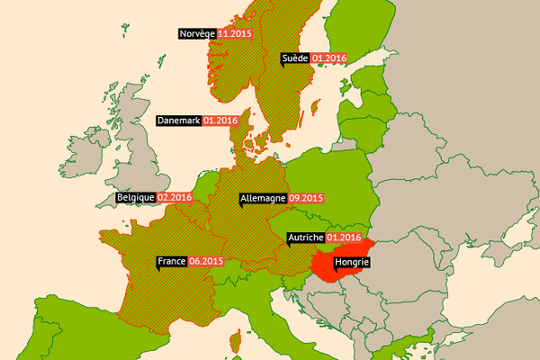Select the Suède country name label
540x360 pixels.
[294, 58]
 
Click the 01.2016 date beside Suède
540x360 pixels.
[329, 58]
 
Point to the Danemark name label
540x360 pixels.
[178, 120]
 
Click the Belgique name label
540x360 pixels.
[135, 197]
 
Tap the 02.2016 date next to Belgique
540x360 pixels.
[175, 197]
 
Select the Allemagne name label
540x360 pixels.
[263, 198]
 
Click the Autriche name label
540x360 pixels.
[305, 238]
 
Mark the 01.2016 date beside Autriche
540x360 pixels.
[344, 238]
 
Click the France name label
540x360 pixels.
[171, 261]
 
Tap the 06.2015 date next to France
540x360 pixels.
[206, 261]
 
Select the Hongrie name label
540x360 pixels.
[351, 263]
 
